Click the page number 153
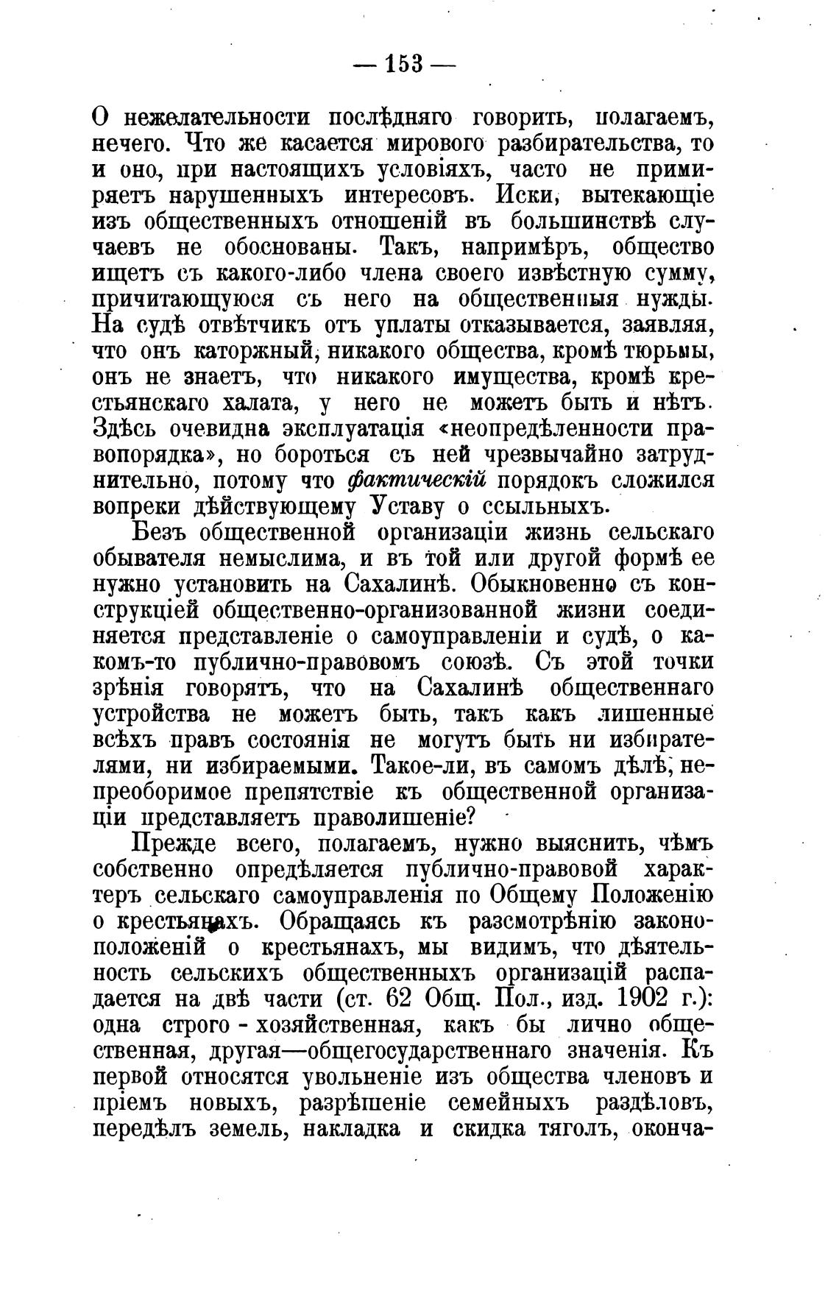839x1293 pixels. (404, 64)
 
